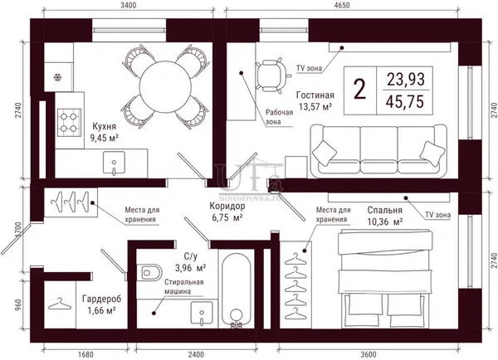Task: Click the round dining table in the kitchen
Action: tap(165, 86)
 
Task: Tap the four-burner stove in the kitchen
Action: tap(69, 122)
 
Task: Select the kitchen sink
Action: tap(114, 163)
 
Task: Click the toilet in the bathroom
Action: tap(149, 272)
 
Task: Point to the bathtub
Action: tap(236, 290)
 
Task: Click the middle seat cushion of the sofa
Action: tap(378, 149)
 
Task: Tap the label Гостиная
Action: tap(315, 95)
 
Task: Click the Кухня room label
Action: tap(105, 126)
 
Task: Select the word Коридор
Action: tap(227, 206)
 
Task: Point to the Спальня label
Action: tap(385, 210)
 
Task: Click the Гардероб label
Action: tap(101, 299)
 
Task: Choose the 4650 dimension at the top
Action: tap(342, 6)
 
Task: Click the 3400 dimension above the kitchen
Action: tap(129, 6)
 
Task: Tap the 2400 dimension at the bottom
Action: tap(196, 354)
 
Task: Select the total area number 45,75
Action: tap(405, 102)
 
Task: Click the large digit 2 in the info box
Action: tap(360, 90)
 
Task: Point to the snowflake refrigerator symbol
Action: tap(57, 77)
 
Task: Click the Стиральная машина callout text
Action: tap(184, 287)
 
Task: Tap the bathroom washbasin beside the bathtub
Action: tap(202, 313)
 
